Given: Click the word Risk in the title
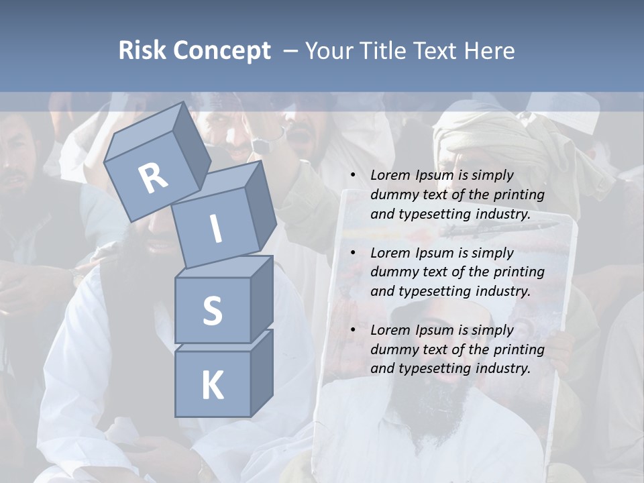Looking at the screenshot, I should (142, 51).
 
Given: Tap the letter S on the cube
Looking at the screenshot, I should (212, 311).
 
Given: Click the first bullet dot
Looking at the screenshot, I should (353, 176).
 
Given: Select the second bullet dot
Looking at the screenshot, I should (353, 254).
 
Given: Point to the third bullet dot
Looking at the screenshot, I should (353, 331).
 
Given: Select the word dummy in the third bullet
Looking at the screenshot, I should (391, 350).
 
